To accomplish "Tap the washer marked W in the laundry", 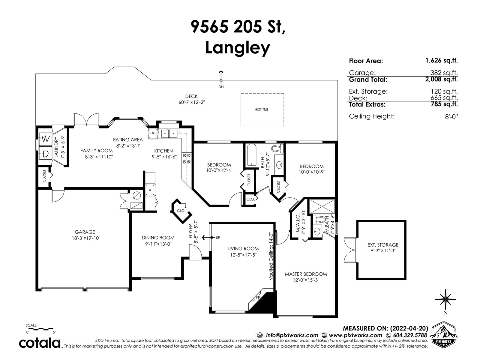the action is click(46, 139).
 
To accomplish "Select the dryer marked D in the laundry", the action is click(46, 153).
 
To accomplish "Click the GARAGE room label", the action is click(85, 232).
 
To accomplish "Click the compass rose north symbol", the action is click(445, 299).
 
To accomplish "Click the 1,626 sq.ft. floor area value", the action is click(442, 61).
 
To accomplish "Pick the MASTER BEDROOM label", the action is click(306, 274).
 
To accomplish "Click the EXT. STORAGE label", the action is click(383, 245).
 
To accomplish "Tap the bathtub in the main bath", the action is click(251, 155).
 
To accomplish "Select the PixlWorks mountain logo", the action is click(443, 334).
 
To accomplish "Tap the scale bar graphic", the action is click(40, 328).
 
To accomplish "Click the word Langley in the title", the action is click(238, 48).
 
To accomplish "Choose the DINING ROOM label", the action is click(158, 238).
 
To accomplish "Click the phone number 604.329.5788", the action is click(410, 335).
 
